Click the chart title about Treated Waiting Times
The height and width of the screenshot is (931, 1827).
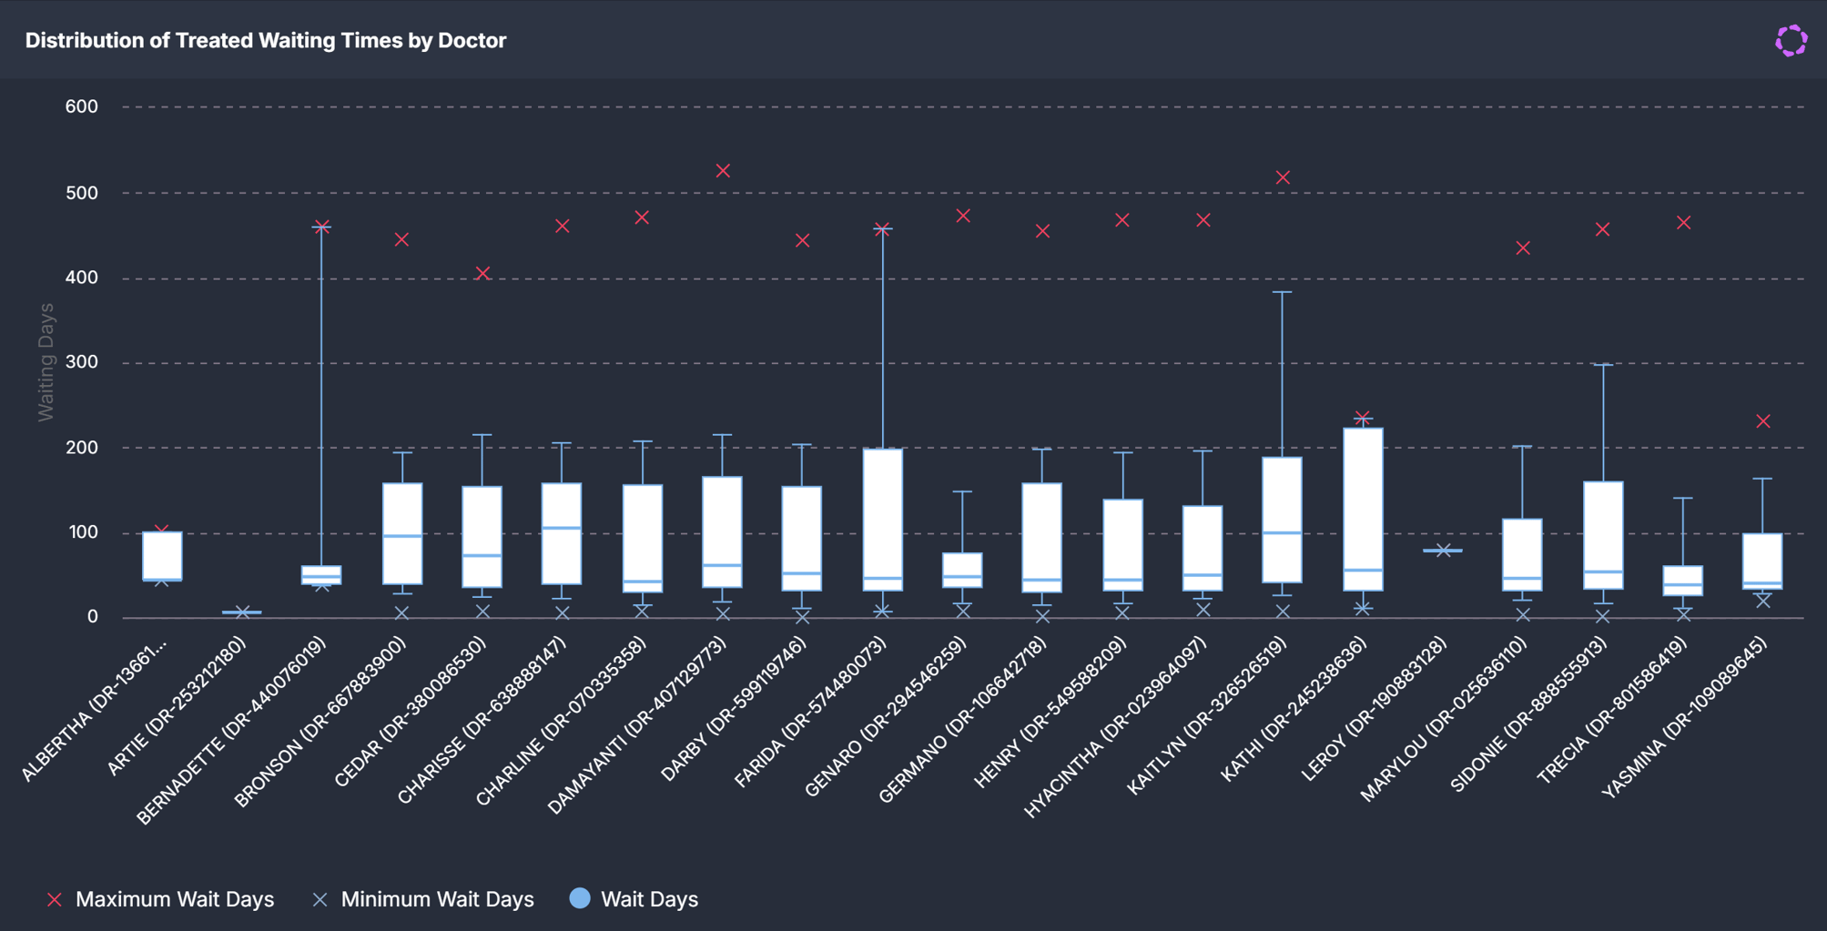[266, 40]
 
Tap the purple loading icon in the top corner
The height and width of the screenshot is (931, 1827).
[1791, 40]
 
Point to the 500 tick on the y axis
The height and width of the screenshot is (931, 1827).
[81, 193]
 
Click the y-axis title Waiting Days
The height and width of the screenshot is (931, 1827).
[46, 362]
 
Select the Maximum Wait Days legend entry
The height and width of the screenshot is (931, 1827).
[160, 899]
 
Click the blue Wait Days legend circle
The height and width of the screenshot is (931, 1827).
[580, 898]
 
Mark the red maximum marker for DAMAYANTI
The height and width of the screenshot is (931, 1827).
[723, 171]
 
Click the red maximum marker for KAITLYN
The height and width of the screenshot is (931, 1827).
[1283, 177]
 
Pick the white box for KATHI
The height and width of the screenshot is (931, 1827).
[1363, 509]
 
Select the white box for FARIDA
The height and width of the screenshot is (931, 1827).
[883, 520]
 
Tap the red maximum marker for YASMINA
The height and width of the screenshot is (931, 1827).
[1763, 421]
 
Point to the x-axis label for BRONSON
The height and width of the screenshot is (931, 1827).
[320, 722]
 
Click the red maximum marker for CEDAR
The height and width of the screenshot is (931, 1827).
[483, 273]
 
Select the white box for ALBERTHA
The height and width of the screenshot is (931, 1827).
[162, 556]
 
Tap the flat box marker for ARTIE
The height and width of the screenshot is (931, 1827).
[242, 612]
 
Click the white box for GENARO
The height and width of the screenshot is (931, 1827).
[962, 570]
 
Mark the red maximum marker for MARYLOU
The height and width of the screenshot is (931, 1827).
[1523, 248]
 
